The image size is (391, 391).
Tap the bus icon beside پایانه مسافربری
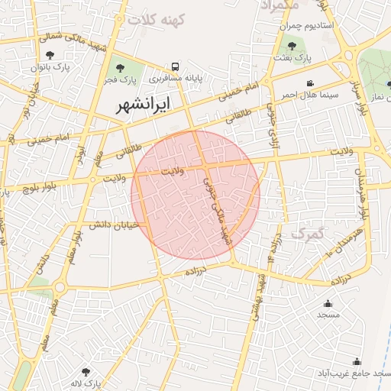point(176,66)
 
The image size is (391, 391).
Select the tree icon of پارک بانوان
point(50,54)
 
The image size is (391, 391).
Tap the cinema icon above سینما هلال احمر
point(309,83)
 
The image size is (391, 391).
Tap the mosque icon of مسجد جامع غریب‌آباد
point(357,362)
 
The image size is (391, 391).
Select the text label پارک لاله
point(85,383)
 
